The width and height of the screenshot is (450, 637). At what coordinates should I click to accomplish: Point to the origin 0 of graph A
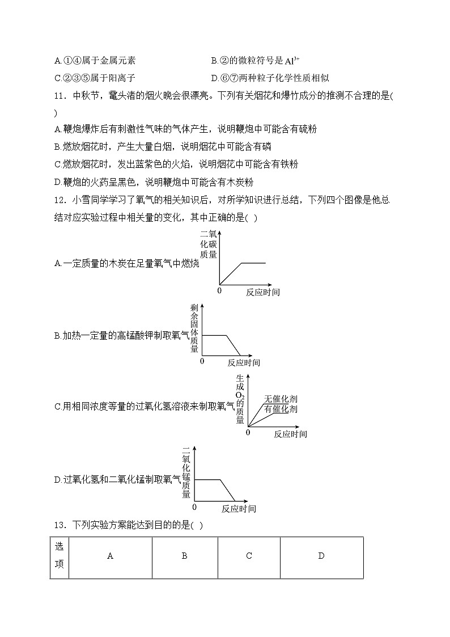pyautogui.click(x=219, y=290)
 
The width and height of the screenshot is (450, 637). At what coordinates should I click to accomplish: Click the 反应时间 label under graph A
pyautogui.click(x=262, y=292)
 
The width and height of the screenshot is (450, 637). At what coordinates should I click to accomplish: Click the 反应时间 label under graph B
pyautogui.click(x=244, y=362)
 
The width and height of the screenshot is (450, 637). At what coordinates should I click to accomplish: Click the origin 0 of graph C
pyautogui.click(x=247, y=432)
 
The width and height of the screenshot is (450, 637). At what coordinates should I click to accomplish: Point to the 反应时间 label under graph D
pyautogui.click(x=239, y=508)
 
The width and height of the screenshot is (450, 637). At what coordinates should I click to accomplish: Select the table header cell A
pyautogui.click(x=110, y=556)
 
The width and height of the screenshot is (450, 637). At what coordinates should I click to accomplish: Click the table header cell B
pyautogui.click(x=184, y=556)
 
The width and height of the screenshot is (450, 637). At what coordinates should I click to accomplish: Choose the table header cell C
pyautogui.click(x=249, y=556)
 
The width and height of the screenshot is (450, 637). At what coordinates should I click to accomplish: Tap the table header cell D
pyautogui.click(x=321, y=556)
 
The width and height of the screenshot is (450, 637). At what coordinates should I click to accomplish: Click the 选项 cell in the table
pyautogui.click(x=59, y=556)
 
